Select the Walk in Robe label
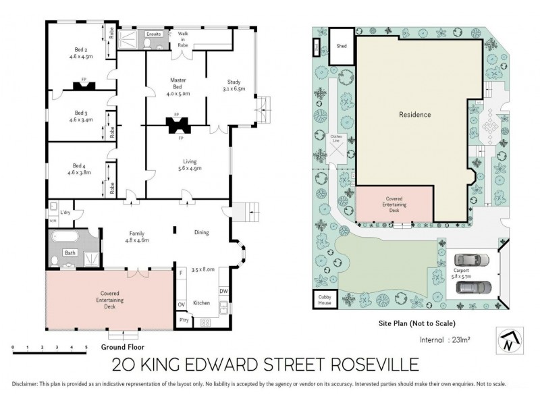183,38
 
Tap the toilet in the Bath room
54,260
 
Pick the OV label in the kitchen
182,305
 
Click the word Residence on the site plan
414,115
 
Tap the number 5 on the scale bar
86,348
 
